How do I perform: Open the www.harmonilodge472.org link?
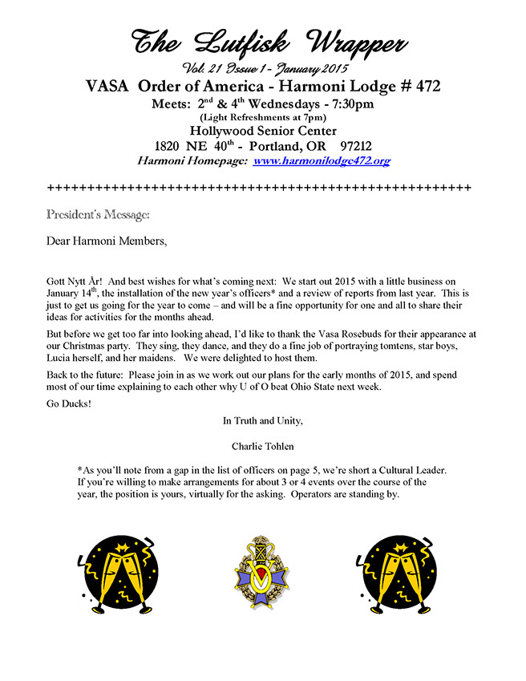coord(322,160)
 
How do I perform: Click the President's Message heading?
coord(98,214)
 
